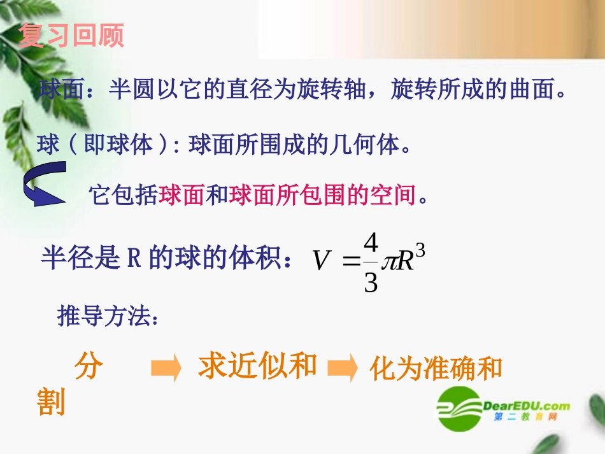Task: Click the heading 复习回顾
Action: (x=71, y=36)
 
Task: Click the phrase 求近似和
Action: (x=257, y=365)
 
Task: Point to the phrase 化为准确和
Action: (x=436, y=369)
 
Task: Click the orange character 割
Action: (x=52, y=402)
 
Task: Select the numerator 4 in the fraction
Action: (x=371, y=243)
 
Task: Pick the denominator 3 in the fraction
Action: (x=371, y=281)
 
